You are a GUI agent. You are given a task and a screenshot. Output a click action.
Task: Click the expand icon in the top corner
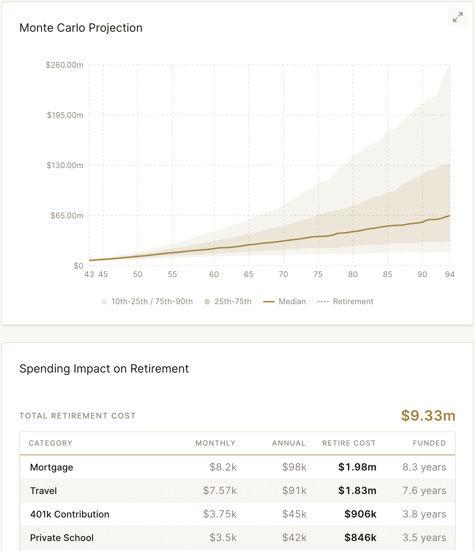(458, 17)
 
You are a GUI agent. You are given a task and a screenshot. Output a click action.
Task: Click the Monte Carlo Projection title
(81, 28)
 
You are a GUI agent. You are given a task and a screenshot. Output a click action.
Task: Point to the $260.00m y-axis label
(65, 65)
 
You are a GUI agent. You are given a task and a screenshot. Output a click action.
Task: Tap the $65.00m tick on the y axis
(67, 215)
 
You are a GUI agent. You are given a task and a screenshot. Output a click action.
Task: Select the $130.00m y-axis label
(65, 165)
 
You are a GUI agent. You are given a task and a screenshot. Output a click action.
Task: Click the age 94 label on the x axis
(450, 274)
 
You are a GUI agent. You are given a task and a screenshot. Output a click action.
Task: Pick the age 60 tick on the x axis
(214, 274)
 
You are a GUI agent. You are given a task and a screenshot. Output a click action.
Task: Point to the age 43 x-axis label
(89, 274)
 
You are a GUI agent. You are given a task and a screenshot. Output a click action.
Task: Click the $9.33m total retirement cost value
(428, 416)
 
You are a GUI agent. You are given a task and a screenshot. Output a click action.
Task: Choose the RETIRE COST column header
(349, 443)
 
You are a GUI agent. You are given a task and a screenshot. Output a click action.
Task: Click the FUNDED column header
(429, 443)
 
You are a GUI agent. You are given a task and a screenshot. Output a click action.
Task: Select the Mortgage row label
(52, 467)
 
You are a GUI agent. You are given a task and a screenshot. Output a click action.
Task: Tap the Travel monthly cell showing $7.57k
(220, 491)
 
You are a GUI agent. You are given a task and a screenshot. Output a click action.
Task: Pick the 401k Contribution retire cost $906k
(360, 514)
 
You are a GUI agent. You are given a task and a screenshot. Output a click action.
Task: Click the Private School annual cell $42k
(294, 538)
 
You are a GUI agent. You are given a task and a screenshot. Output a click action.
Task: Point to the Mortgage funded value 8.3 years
(424, 467)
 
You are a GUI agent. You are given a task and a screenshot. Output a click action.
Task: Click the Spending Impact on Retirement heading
(104, 369)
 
